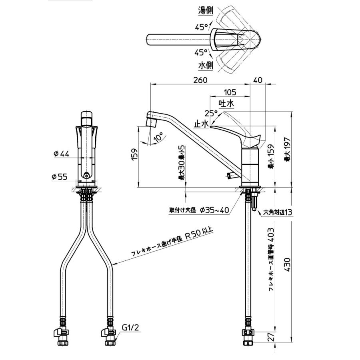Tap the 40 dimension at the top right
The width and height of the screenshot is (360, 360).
pos(258,80)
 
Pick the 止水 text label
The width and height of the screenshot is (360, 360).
pos(201,124)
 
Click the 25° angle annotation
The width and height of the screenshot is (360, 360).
pos(211,113)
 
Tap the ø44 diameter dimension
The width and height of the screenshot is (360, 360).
pos(61,154)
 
